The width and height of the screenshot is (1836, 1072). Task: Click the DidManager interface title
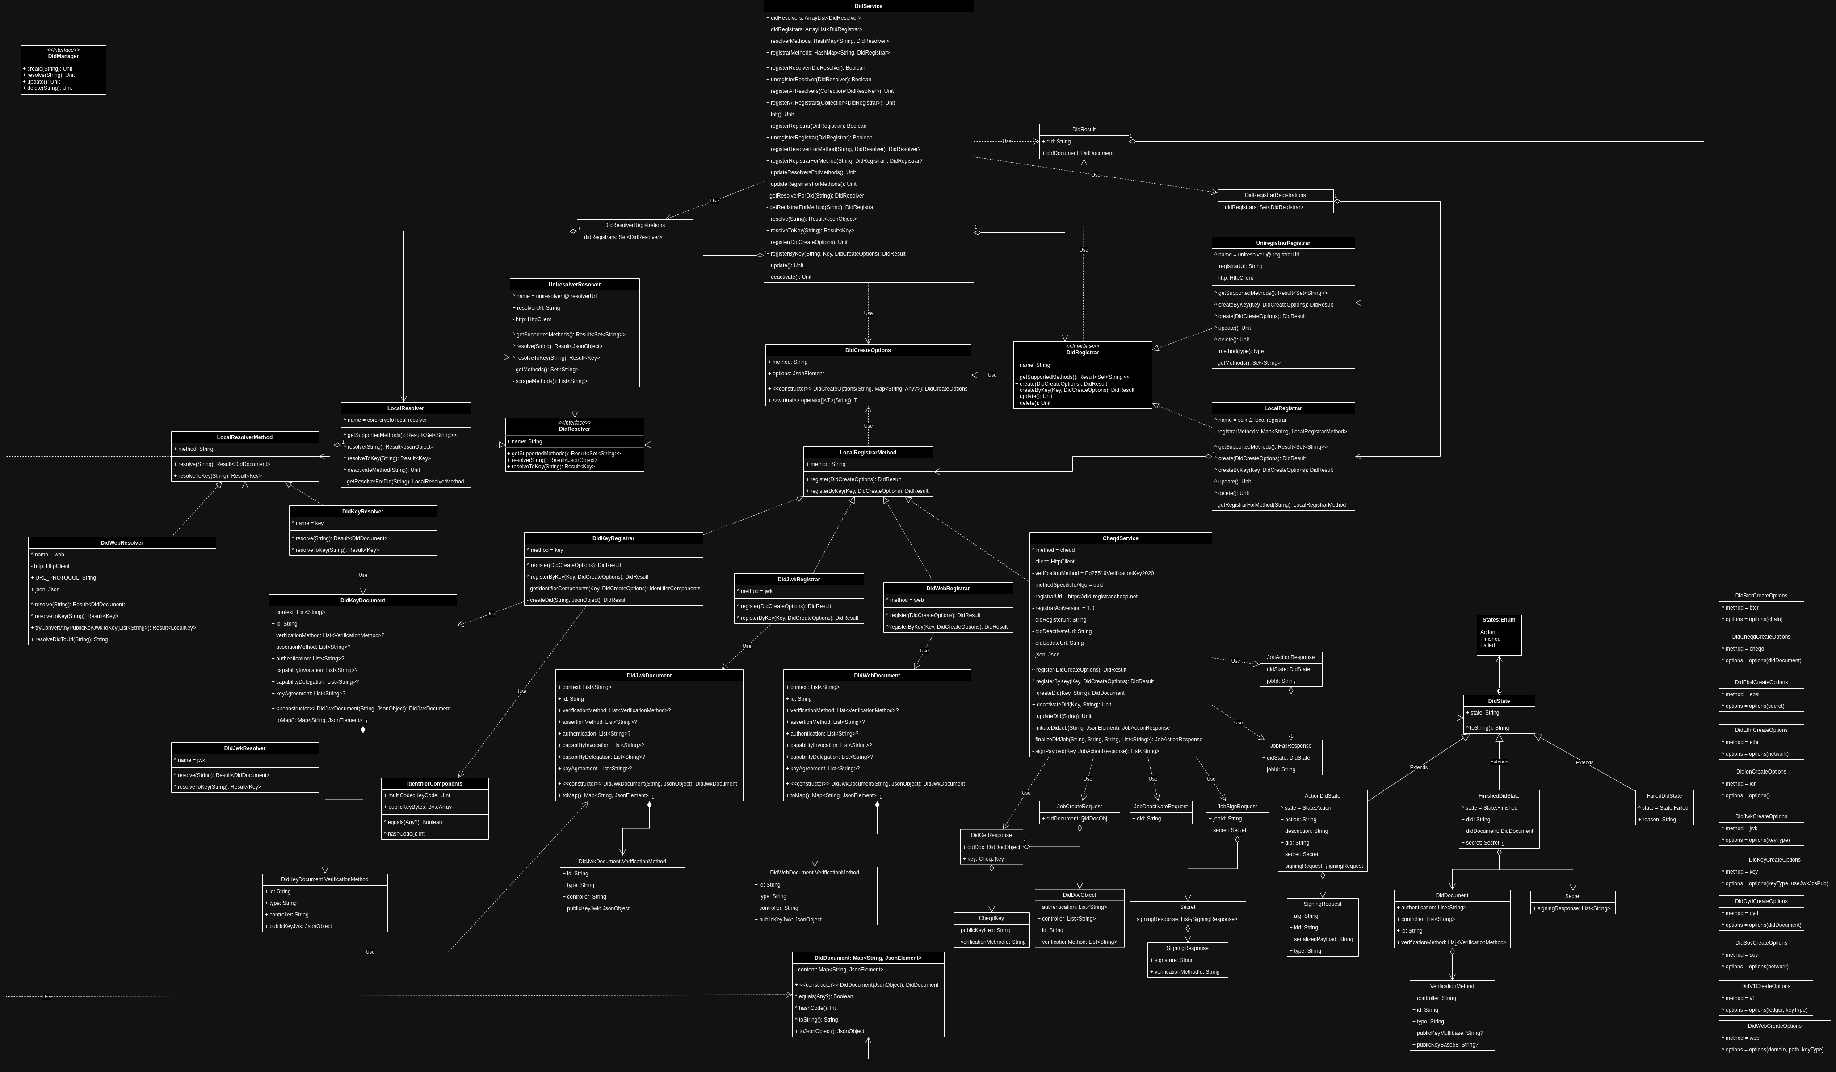coord(63,56)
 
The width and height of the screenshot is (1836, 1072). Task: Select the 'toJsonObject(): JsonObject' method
coord(831,1032)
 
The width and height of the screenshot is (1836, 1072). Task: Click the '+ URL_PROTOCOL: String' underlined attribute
coord(63,578)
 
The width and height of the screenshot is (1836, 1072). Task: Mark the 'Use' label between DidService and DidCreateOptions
coord(868,313)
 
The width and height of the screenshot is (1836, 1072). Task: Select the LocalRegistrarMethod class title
coord(868,453)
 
